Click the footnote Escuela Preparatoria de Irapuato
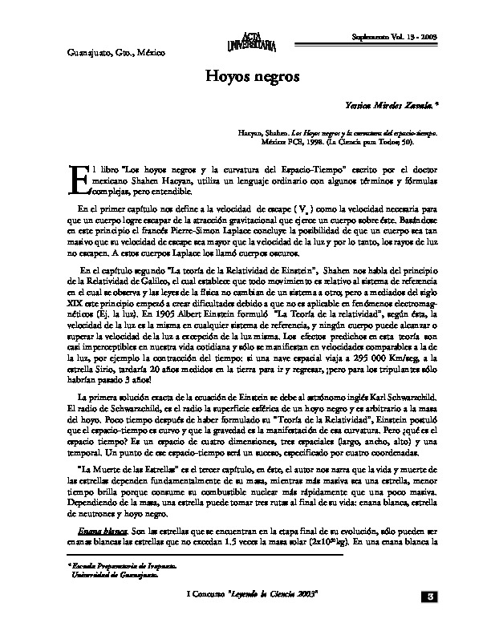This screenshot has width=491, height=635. [x=114, y=566]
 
